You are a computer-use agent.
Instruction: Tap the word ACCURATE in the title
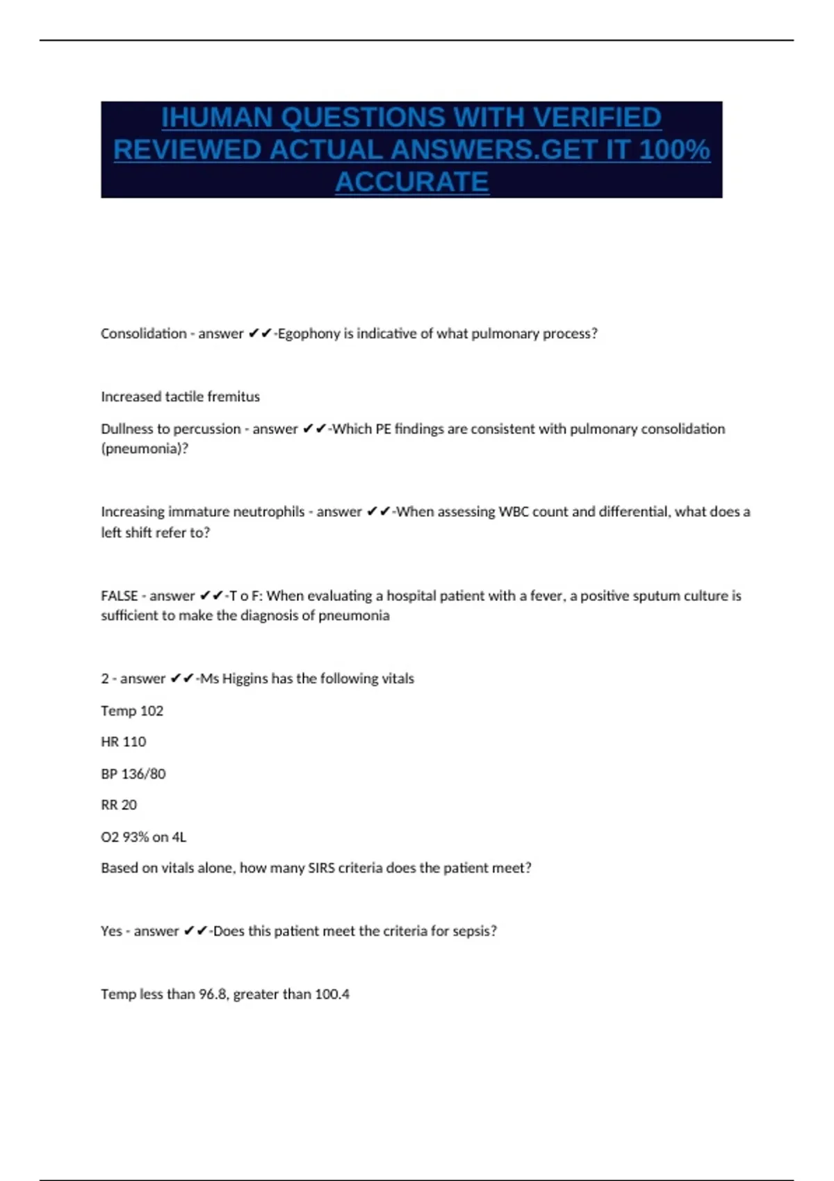(x=411, y=182)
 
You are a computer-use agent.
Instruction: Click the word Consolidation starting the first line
(x=143, y=333)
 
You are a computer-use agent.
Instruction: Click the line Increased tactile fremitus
(x=180, y=397)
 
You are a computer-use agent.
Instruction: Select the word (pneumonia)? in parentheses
(x=145, y=449)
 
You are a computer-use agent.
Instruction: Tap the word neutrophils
(x=268, y=512)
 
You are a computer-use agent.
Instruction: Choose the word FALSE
(x=119, y=596)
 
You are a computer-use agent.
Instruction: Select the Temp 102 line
(x=132, y=711)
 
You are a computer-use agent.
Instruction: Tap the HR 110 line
(x=123, y=742)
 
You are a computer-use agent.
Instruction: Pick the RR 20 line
(x=119, y=805)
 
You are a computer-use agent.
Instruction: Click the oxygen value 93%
(x=136, y=837)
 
